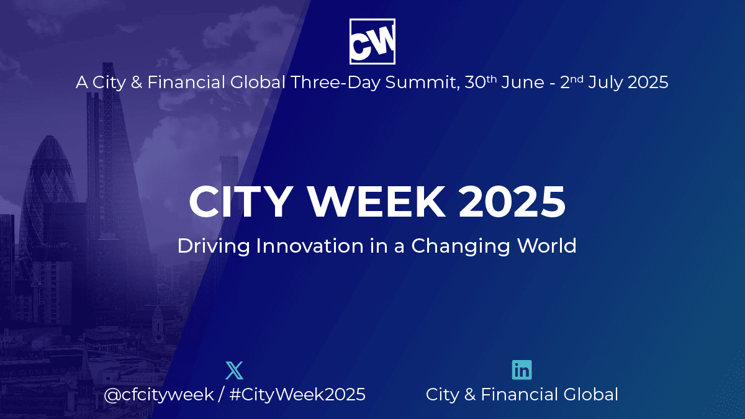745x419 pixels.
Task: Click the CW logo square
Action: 372,41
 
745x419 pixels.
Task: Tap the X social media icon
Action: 235,370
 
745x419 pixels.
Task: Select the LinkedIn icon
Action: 522,370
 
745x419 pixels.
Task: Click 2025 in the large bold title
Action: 512,202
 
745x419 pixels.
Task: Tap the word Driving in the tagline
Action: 214,246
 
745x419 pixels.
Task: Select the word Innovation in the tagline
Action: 310,246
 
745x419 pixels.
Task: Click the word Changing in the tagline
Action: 460,246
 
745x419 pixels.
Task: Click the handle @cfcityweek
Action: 159,395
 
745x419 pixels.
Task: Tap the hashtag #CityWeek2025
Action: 297,394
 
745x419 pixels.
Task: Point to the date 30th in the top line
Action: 481,82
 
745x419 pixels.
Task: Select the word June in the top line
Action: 523,83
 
